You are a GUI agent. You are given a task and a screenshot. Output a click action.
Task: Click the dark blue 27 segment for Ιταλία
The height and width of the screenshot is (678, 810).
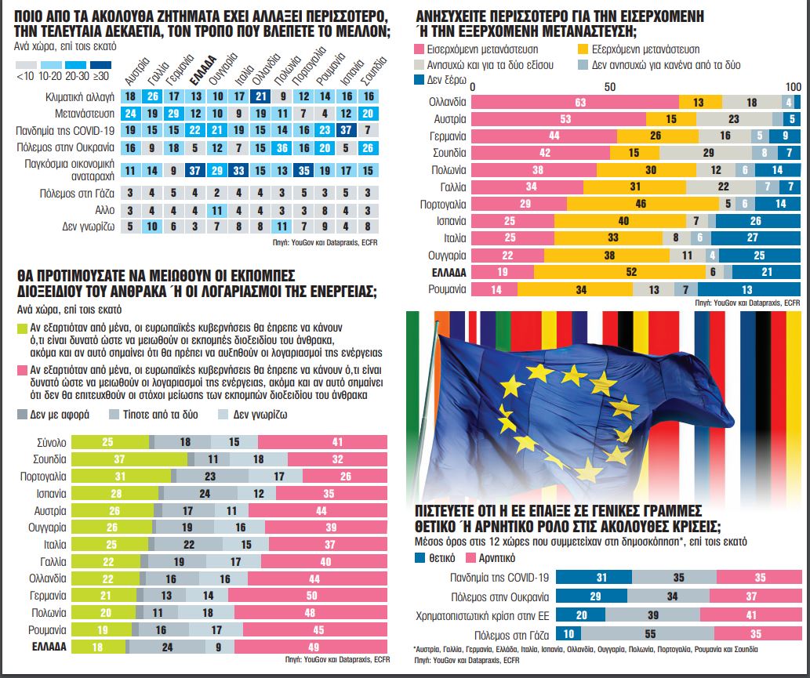pos(752,238)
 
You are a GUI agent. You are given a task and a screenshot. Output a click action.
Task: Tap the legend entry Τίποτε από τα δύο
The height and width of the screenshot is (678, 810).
pos(148,415)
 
